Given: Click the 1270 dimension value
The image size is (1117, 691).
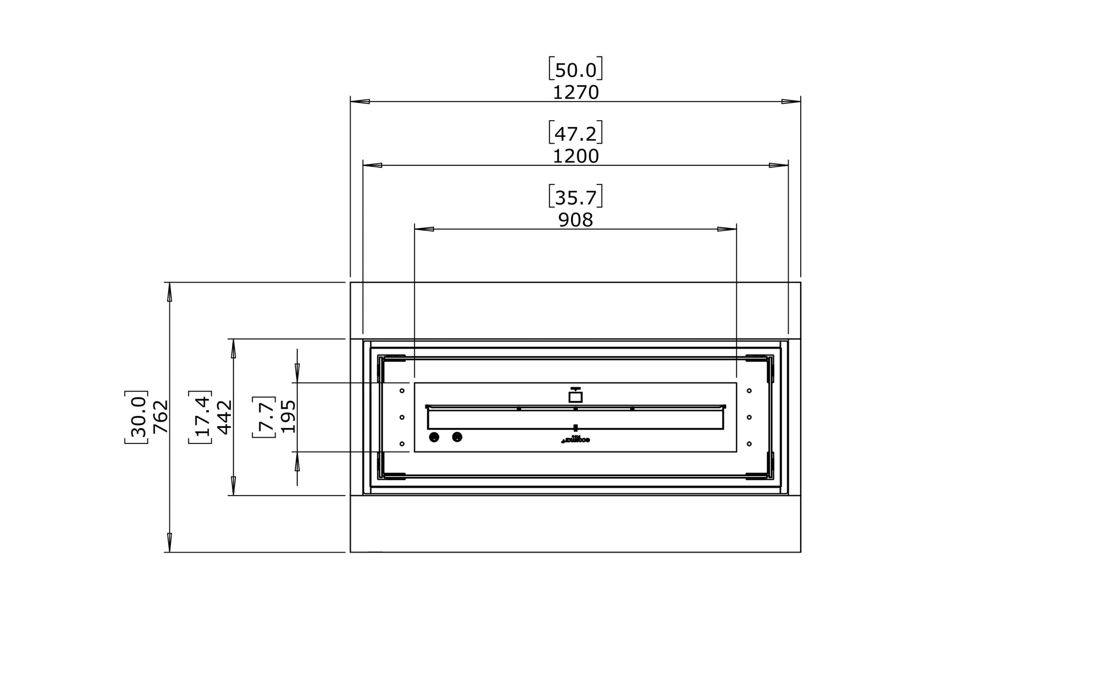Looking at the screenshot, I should pos(576,92).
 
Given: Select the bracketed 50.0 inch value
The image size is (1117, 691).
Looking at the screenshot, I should pos(576,70).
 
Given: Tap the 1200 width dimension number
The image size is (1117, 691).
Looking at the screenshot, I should pos(576,156).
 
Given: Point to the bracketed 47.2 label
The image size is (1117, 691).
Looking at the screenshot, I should pos(576,134).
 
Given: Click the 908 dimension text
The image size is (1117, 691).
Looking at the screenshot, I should pos(576,220).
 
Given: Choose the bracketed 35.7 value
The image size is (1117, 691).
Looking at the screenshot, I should pos(576,198).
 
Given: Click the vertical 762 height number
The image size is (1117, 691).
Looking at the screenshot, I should pos(160,417).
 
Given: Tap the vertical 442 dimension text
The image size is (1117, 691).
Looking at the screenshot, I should pos(224,417).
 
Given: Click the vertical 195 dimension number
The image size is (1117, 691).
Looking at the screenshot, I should pos(288,417).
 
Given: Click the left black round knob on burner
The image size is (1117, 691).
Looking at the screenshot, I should pos(434,438).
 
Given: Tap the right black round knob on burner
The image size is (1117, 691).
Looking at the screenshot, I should pos(457,438).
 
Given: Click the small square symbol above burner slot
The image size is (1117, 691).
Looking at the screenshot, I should pos(575,396).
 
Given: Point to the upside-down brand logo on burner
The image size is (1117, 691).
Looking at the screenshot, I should pos(575,441).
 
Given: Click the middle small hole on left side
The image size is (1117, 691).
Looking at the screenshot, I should pos(402,417).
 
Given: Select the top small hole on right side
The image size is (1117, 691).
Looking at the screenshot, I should pos(749,391).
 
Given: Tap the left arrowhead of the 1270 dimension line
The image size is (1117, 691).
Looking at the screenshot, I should pos(359,102).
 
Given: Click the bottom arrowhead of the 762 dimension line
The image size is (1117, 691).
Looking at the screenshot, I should pos(169,543).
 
